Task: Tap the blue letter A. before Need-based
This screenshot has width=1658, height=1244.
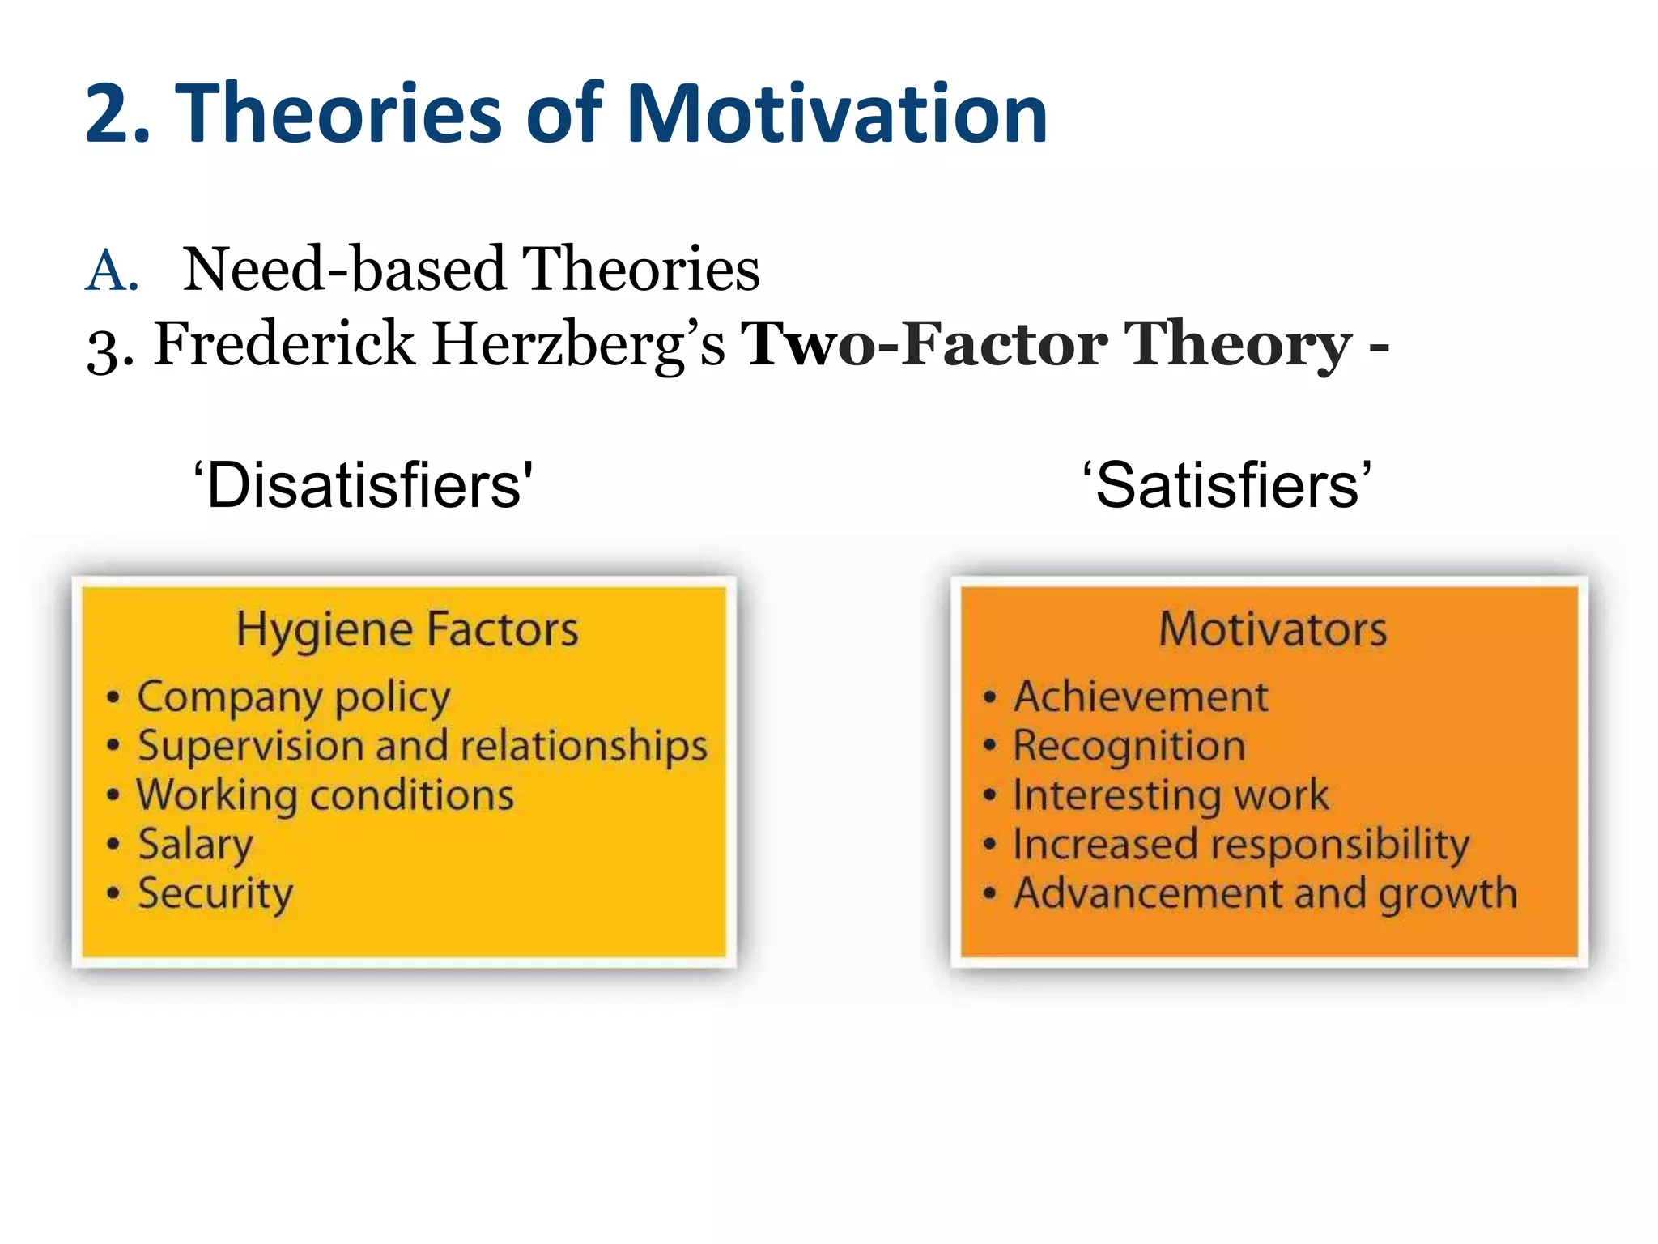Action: [112, 271]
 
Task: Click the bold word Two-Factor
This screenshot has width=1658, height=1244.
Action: [924, 344]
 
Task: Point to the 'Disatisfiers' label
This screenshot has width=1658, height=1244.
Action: [363, 485]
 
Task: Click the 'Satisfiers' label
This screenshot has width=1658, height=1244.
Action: [1226, 485]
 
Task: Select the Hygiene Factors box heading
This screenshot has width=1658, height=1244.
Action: [407, 630]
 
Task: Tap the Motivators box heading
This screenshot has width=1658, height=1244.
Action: [1272, 629]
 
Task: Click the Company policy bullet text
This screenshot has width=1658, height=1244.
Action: [293, 697]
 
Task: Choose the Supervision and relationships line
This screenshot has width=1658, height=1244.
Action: [422, 746]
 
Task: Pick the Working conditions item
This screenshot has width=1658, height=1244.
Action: [325, 795]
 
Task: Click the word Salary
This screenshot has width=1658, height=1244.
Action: [195, 845]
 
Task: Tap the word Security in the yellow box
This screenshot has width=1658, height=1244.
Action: [215, 894]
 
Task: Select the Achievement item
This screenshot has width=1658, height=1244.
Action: [1141, 697]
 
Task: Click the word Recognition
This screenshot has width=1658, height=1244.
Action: [1129, 746]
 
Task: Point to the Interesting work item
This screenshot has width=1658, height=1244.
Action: [1171, 795]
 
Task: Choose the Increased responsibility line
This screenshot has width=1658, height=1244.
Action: [1240, 845]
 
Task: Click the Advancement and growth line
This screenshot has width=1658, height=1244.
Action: [1265, 894]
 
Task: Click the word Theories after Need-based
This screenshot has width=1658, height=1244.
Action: [640, 270]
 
